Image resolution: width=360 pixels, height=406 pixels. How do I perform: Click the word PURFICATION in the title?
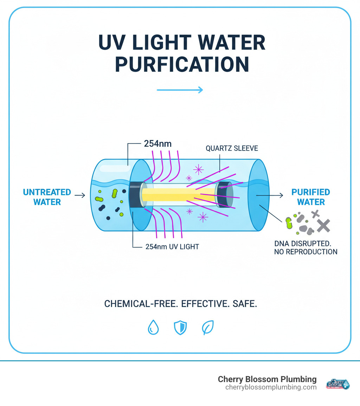click(x=182, y=64)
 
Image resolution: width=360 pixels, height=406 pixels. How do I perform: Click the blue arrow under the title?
click(x=180, y=90)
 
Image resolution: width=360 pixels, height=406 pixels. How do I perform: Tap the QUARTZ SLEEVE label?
click(x=232, y=148)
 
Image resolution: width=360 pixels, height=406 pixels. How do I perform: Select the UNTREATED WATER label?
click(x=47, y=197)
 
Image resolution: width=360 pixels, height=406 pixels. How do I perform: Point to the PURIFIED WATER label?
click(x=311, y=197)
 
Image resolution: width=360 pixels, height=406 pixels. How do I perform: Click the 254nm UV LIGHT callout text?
click(x=172, y=247)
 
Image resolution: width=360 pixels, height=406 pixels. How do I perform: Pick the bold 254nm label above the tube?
click(x=158, y=144)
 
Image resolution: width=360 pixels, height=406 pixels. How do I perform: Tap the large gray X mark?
click(x=323, y=226)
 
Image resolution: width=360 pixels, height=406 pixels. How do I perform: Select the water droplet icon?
click(x=153, y=328)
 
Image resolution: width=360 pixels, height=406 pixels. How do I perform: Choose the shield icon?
click(x=180, y=328)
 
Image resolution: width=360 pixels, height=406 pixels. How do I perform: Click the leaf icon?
click(x=207, y=328)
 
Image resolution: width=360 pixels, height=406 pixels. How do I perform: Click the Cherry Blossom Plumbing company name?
click(x=267, y=379)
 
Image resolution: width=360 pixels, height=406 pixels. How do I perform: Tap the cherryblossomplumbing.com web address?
click(x=271, y=387)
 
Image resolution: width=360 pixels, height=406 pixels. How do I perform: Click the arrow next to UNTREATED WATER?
click(x=80, y=195)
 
